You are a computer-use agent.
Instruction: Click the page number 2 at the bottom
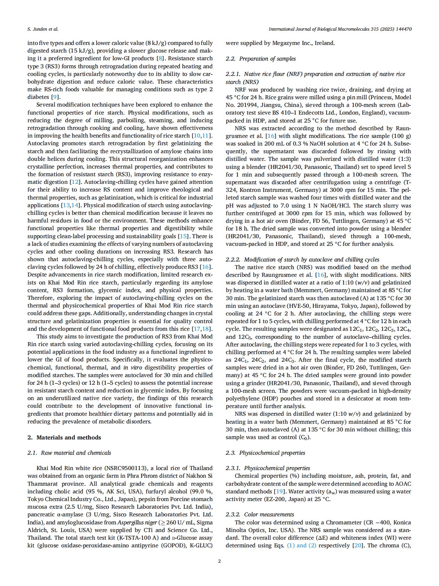pos(219,561)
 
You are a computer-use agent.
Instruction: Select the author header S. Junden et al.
pos(43,29)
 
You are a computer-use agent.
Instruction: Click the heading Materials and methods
pos(69,437)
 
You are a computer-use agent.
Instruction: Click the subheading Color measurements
pos(269,514)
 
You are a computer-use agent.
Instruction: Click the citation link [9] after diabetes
pos(55,97)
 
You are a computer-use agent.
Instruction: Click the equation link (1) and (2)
pos(301,545)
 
